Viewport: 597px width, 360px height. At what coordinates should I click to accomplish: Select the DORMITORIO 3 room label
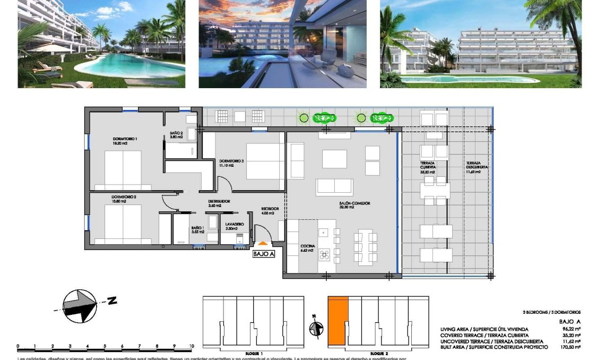point(231,161)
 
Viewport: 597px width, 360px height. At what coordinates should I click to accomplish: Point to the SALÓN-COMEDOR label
point(355,203)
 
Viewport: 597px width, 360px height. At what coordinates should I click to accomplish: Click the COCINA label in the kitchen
point(307,246)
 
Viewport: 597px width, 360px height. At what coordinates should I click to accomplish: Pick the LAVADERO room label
point(234,224)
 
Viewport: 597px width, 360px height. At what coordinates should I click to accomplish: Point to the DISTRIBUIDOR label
point(219,202)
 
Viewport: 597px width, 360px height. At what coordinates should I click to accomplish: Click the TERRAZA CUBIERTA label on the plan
point(428,164)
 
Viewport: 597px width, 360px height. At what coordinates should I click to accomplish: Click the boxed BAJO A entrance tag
point(264,254)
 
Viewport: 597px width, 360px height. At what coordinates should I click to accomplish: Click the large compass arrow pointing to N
point(80,306)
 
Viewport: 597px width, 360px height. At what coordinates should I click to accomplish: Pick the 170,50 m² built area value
point(570,347)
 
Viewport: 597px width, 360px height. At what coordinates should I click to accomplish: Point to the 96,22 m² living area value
point(572,329)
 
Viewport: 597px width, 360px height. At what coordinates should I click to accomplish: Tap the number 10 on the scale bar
point(191,346)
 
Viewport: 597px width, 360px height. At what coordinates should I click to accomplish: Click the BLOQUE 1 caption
point(254,353)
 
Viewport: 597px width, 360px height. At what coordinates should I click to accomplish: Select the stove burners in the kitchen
point(323,255)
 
